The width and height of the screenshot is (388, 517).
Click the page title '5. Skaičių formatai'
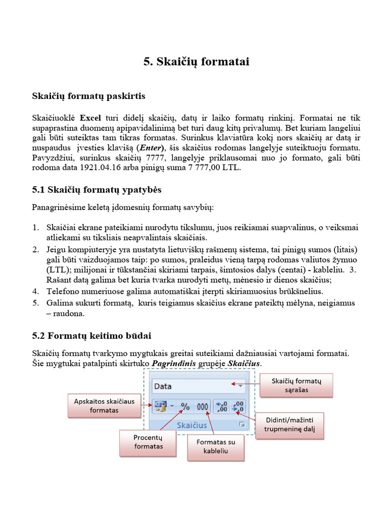[197, 62]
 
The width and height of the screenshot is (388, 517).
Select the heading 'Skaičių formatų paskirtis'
[89, 95]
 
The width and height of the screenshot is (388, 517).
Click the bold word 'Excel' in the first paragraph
[91, 118]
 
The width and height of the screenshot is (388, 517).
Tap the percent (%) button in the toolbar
[185, 406]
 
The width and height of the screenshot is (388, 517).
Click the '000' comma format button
[203, 406]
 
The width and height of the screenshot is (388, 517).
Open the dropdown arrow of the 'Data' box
[240, 386]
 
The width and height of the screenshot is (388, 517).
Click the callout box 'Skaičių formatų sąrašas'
[297, 385]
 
